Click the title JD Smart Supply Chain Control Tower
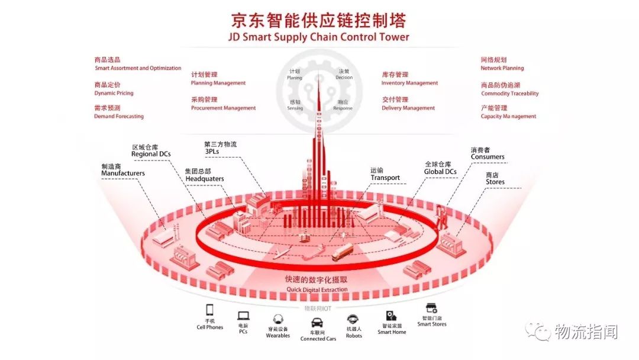(x=318, y=37)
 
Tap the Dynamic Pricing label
(x=114, y=93)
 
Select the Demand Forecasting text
(x=119, y=116)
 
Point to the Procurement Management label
(x=223, y=108)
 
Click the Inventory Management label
(x=409, y=83)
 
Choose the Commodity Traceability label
(x=509, y=94)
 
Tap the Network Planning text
(x=502, y=68)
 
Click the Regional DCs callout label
(x=151, y=154)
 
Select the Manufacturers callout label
(x=122, y=173)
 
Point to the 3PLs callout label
(x=212, y=151)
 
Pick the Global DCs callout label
(x=440, y=171)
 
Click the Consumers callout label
(x=488, y=157)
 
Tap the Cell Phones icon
(x=209, y=310)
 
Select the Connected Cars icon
(x=318, y=323)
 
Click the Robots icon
(x=353, y=319)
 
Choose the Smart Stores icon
(x=431, y=308)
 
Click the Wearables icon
(x=277, y=320)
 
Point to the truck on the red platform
(x=342, y=253)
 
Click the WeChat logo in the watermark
(x=538, y=332)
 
